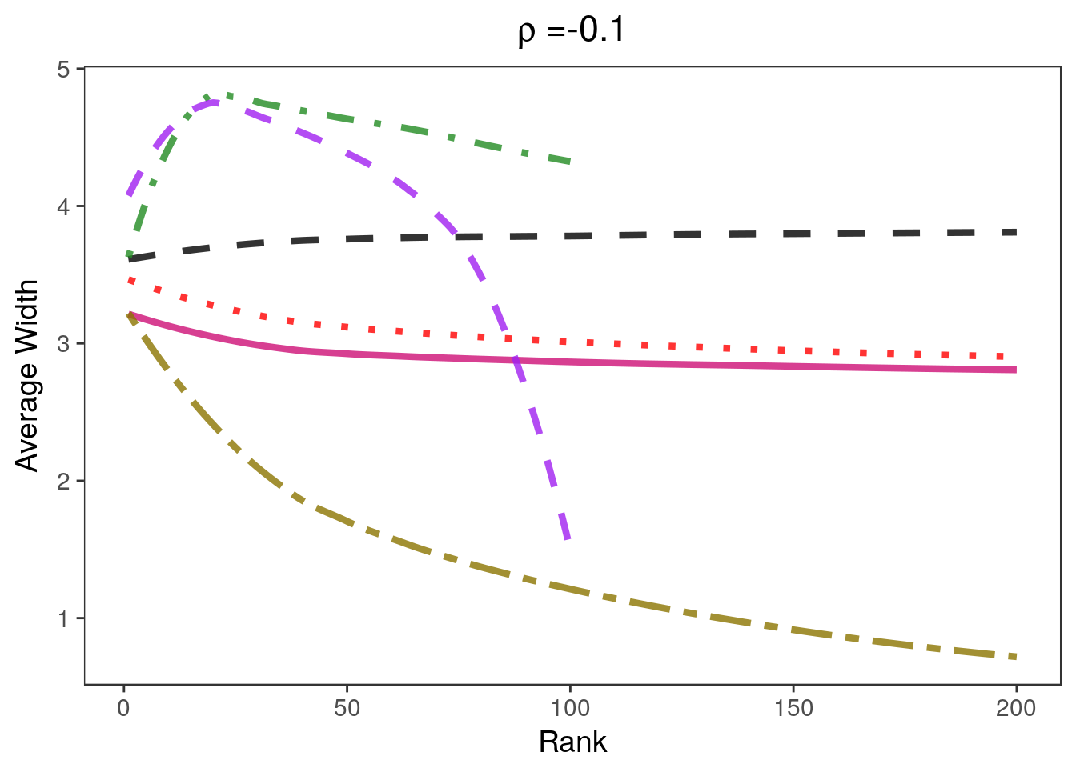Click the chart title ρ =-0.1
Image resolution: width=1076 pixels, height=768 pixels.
click(572, 31)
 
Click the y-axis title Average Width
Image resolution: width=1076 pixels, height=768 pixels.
click(27, 376)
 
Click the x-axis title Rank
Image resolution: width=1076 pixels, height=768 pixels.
click(572, 742)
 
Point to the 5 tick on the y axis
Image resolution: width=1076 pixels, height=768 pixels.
click(64, 70)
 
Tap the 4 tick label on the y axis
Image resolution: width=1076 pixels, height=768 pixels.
click(64, 206)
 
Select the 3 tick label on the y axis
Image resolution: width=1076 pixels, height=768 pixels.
click(64, 344)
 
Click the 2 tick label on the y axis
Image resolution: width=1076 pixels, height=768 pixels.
click(64, 482)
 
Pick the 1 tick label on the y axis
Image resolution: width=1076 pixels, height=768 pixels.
click(64, 618)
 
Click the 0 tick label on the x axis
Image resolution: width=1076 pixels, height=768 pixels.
click(124, 708)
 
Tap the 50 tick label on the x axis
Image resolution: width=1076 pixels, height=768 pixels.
click(347, 708)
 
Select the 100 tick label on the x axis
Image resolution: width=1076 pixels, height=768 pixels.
click(570, 708)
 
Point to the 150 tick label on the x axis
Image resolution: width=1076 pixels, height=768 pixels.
click(793, 708)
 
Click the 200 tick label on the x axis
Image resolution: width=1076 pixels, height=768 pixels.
click(1016, 708)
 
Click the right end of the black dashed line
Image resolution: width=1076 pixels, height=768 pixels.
click(1015, 232)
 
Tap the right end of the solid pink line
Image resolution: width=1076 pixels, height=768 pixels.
click(1015, 370)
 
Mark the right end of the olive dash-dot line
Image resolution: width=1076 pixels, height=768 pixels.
click(1015, 657)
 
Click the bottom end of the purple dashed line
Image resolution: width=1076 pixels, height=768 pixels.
click(568, 539)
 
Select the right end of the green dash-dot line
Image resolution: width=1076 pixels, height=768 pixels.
click(569, 162)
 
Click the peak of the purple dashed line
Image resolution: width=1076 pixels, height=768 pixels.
click(213, 102)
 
